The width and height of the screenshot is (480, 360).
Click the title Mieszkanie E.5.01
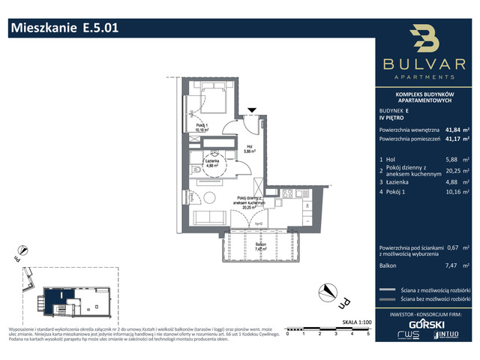pyautogui.click(x=63, y=28)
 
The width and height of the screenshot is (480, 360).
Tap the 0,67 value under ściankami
pyautogui.click(x=451, y=247)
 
